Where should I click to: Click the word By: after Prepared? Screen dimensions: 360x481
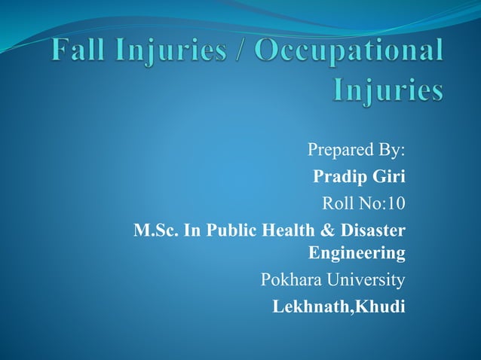(387, 150)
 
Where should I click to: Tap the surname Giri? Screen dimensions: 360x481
(388, 177)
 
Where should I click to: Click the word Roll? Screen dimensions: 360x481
(337, 203)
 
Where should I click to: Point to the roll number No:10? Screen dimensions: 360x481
(381, 203)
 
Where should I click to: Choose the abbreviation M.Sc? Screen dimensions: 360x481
(154, 230)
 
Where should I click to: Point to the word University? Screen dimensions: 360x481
(366, 281)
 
